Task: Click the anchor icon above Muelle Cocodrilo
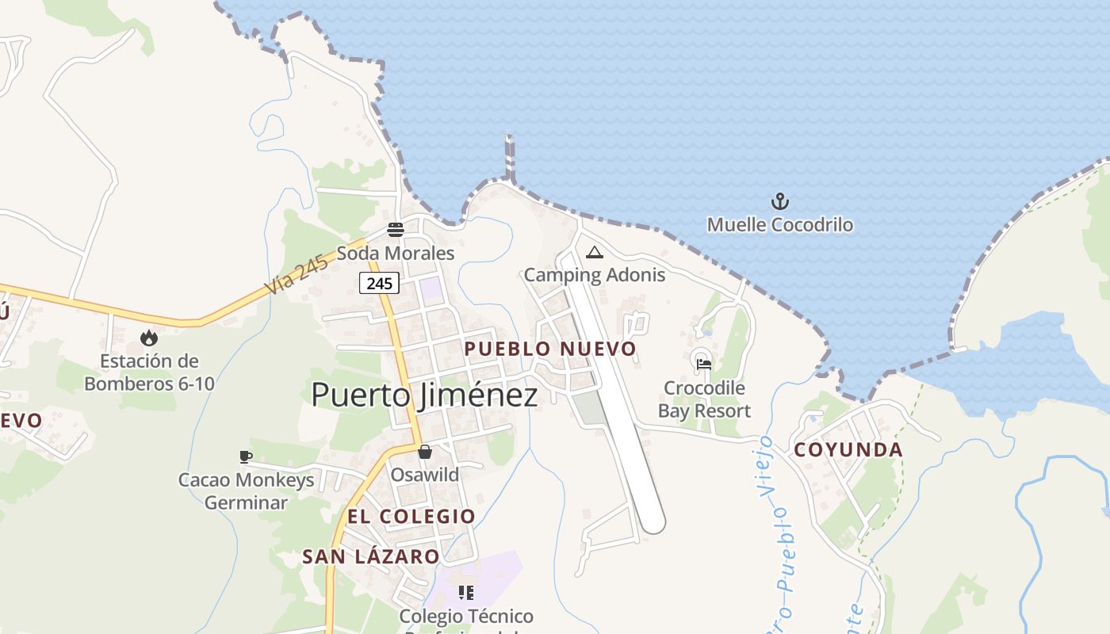[x=780, y=201]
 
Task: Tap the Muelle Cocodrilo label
[x=780, y=225]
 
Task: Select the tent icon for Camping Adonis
[x=595, y=253]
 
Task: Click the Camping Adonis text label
[x=595, y=275]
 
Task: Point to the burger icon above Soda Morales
[x=396, y=230]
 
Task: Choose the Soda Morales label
[x=396, y=254]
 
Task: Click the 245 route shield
[x=379, y=283]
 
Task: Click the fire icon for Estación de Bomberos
[x=149, y=338]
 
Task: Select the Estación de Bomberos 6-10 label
[x=149, y=372]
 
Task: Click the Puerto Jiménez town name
[x=424, y=395]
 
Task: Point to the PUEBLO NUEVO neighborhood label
[x=550, y=349]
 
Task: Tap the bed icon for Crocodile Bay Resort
[x=703, y=365]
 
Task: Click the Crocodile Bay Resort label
[x=704, y=399]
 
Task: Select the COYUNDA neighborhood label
[x=848, y=450]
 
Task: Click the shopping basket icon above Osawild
[x=425, y=452]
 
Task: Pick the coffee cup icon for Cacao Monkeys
[x=246, y=456]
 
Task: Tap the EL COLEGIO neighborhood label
[x=411, y=517]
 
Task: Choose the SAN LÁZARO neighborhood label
[x=371, y=557]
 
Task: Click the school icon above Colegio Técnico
[x=466, y=593]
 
